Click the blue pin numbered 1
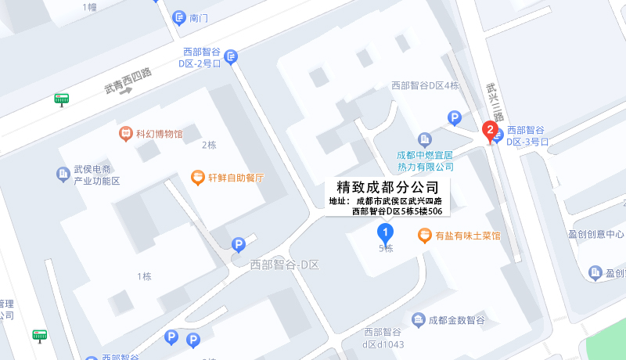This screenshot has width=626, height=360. point(385,232)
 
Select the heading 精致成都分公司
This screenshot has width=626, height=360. point(387,188)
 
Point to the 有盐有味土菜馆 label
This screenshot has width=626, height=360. point(468,235)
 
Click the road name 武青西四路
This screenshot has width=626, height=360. point(128,81)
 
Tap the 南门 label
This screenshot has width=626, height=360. point(200,17)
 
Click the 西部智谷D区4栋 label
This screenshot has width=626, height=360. point(425,85)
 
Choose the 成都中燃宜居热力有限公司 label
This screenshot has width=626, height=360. point(426,160)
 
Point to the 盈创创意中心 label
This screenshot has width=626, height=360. point(596,234)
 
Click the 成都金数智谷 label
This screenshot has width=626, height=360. point(457,320)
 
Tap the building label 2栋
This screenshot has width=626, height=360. point(209,145)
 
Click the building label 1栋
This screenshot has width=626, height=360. point(144,276)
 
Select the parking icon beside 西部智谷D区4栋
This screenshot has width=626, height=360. point(455,118)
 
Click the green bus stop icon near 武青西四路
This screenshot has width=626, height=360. point(61,99)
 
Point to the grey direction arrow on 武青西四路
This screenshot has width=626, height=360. point(126,91)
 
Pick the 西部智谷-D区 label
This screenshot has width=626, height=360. point(285,265)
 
